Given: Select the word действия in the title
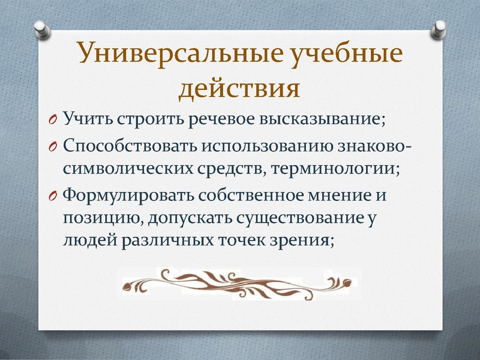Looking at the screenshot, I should point(239,87).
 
